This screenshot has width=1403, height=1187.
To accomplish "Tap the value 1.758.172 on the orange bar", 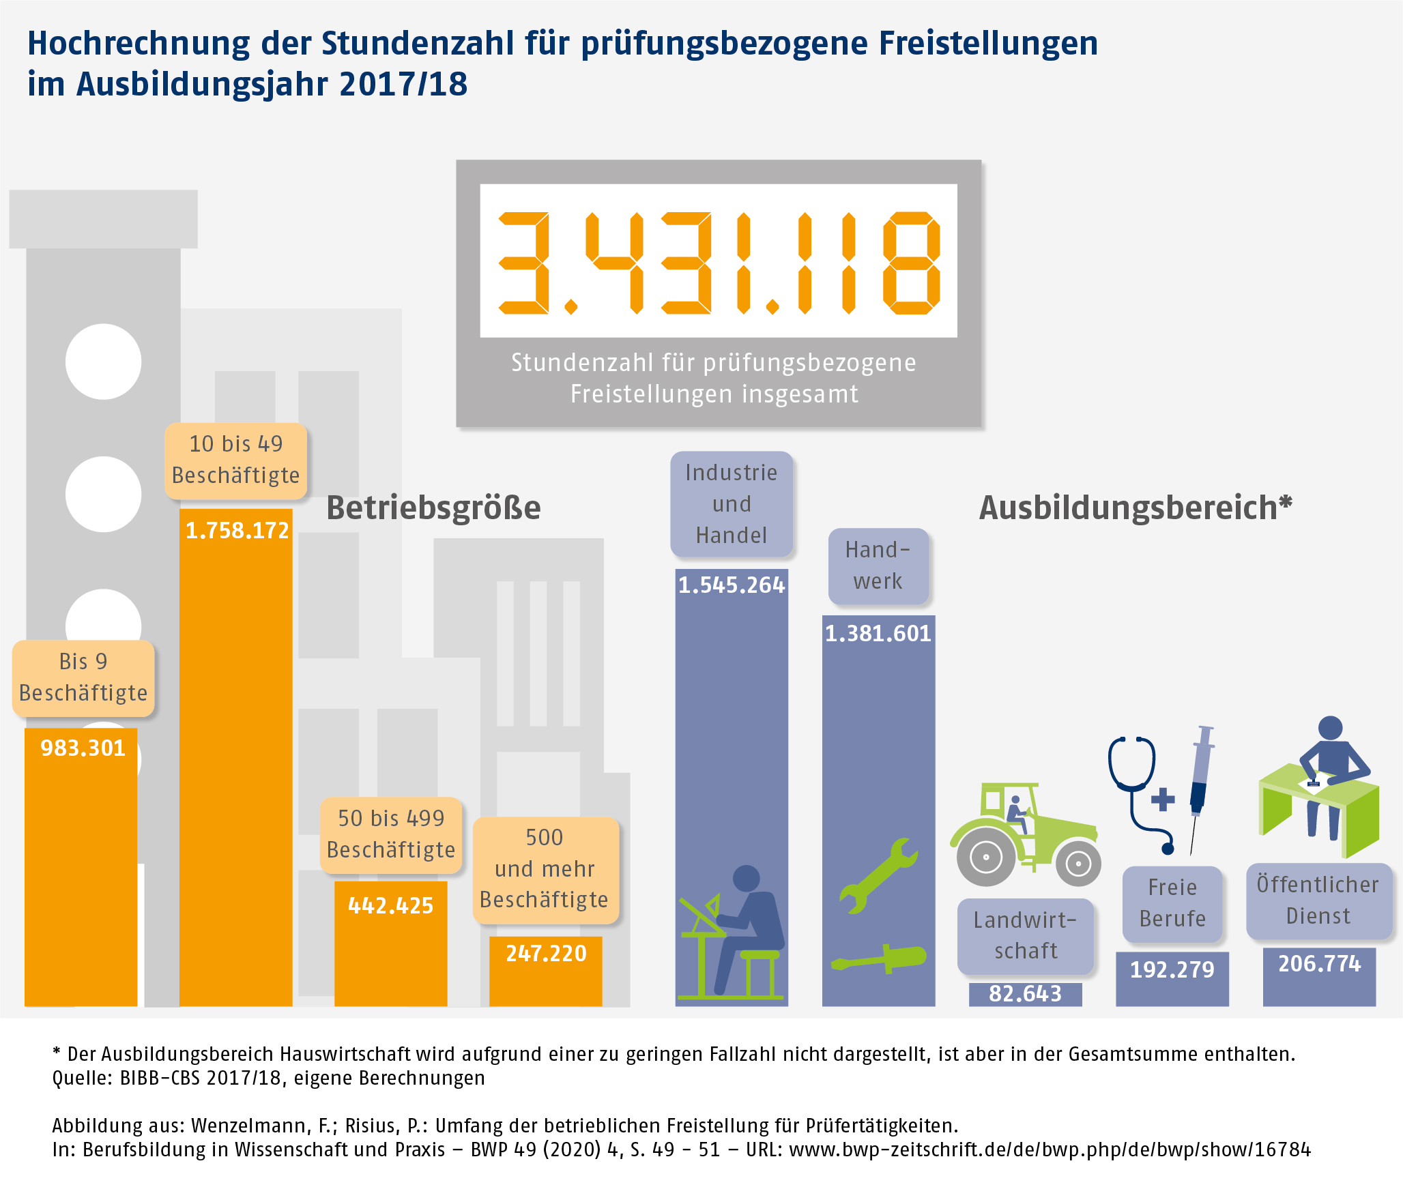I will coord(237,531).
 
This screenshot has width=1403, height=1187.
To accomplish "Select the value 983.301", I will coord(83,748).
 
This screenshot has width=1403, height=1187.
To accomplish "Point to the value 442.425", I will coord(390,905).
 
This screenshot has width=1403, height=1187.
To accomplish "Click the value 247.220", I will coord(546,953).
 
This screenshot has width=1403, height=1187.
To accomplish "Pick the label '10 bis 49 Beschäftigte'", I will coord(235,460).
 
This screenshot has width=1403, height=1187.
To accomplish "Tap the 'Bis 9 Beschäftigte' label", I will coord(83,677).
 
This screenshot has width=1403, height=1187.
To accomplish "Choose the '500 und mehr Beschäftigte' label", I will coord(545,869).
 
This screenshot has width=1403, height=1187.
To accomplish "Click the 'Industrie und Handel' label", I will coord(732,503).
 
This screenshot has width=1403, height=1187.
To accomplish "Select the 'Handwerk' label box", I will coord(878,566).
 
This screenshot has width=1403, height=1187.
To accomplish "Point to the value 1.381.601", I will coord(878,634).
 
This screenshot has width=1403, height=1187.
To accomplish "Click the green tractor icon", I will coord(1025,834).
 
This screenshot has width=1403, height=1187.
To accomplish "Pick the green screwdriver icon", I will coord(879,958).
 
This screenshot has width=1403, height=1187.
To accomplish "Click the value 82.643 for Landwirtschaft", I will coord(1025,994).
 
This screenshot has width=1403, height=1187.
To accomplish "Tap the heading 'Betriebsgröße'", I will coord(433,508).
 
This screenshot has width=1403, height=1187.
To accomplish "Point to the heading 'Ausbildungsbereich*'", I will coord(1136,508).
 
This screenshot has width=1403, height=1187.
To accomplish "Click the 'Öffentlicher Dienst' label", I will coord(1318,900).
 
